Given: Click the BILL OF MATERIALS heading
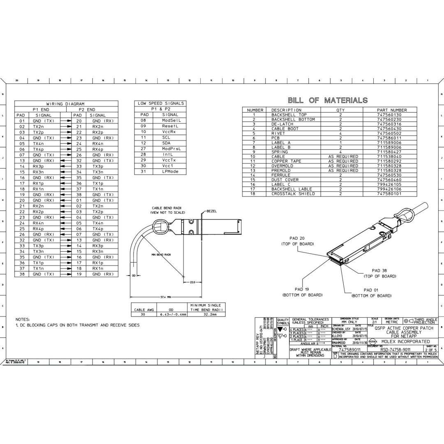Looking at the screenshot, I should pyautogui.click(x=327, y=100).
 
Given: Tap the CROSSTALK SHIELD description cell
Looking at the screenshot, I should pyautogui.click(x=293, y=194).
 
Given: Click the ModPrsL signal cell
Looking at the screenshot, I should pyautogui.click(x=171, y=148).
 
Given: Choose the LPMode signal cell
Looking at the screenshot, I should pyautogui.click(x=170, y=171).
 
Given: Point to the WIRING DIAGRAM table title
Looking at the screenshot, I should pyautogui.click(x=65, y=104).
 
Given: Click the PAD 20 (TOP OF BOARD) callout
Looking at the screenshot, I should pyautogui.click(x=297, y=241).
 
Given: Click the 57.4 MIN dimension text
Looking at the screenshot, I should pyautogui.click(x=166, y=297).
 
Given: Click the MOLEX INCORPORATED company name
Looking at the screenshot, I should pyautogui.click(x=405, y=342).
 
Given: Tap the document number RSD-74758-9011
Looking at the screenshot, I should pyautogui.click(x=395, y=349).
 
